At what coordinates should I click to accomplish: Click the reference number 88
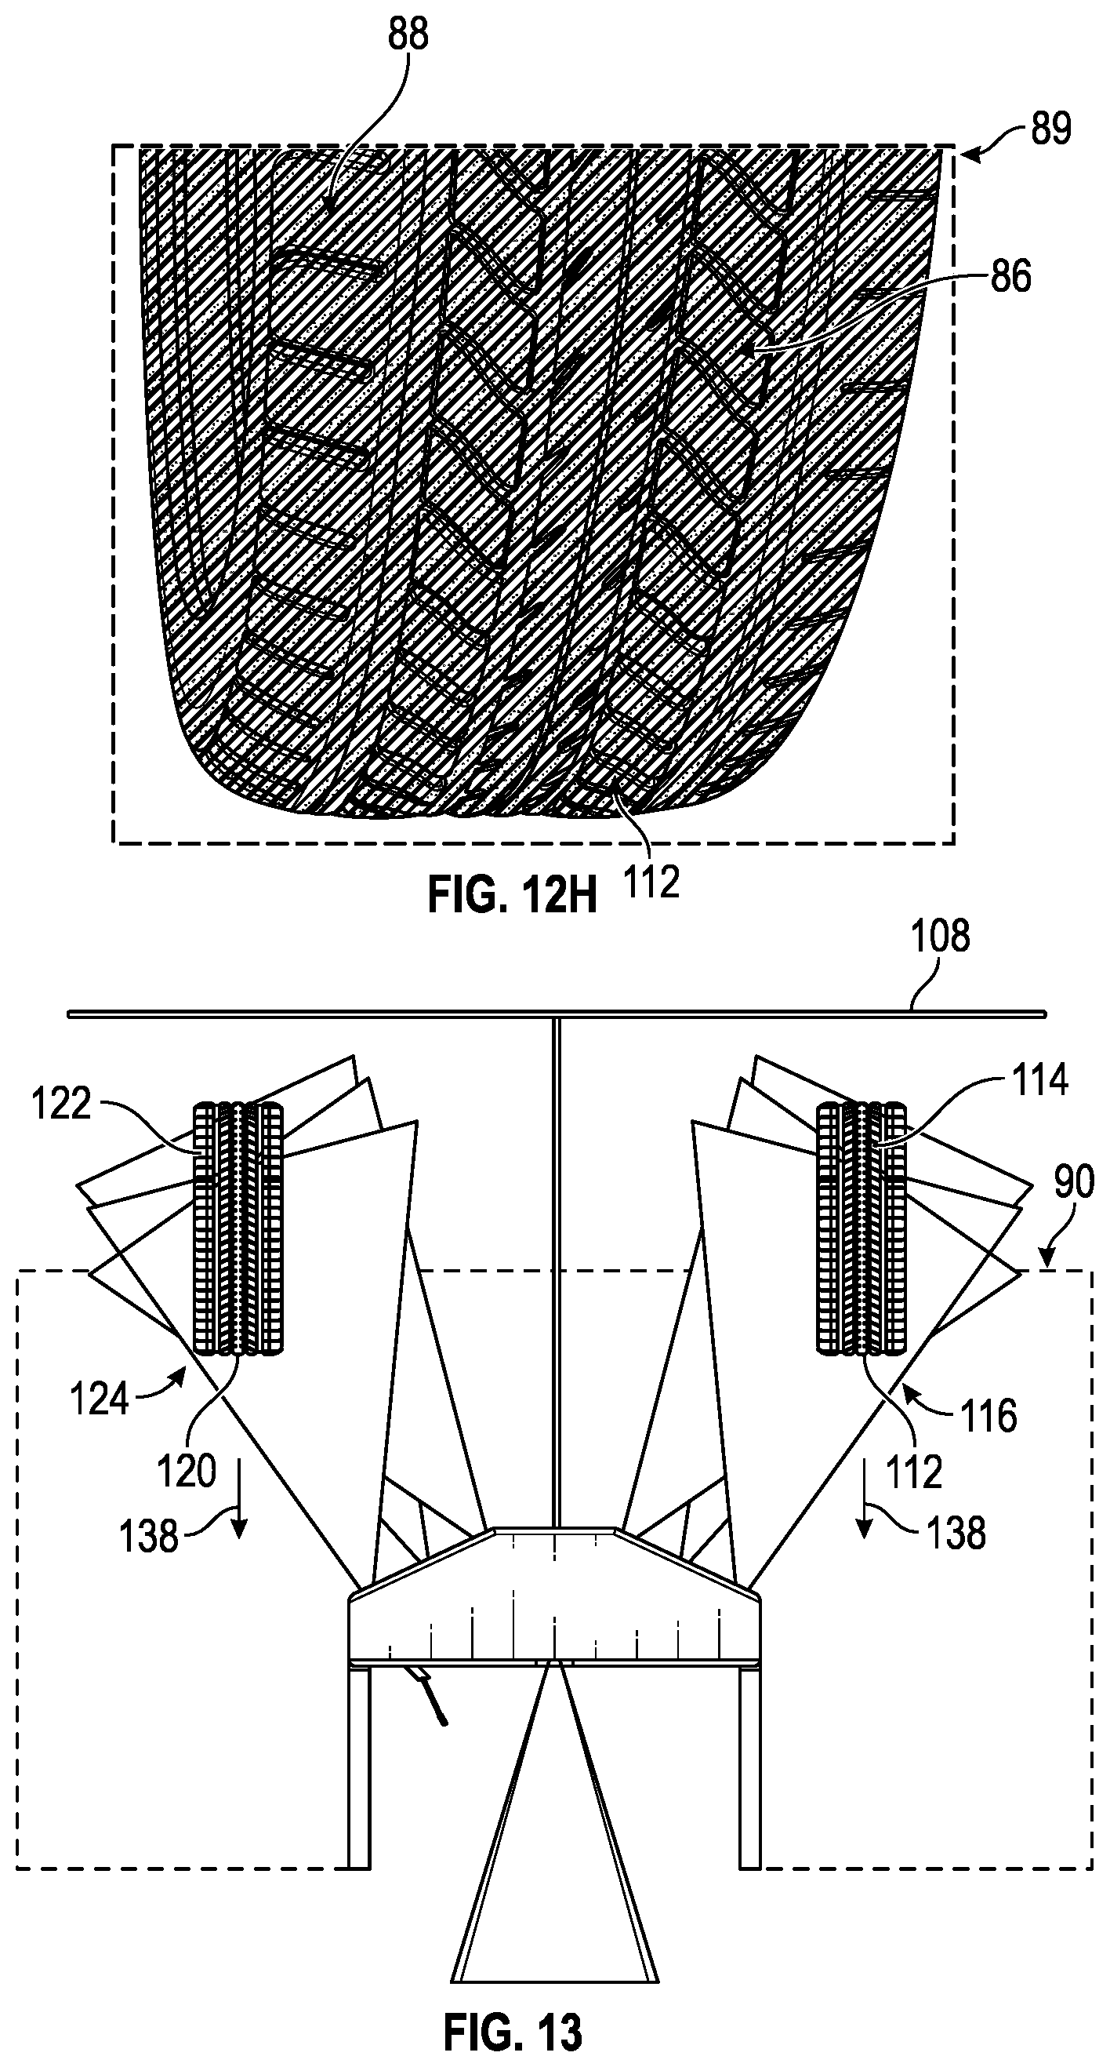point(409,35)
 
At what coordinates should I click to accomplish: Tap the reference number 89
point(1051,129)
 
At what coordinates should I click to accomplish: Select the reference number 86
point(1009,277)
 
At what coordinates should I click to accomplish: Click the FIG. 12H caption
point(512,897)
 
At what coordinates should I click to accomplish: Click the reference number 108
point(940,937)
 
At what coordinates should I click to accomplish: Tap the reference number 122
point(62,1104)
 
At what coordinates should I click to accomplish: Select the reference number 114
point(1039,1081)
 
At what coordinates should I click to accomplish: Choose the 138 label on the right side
point(956,1534)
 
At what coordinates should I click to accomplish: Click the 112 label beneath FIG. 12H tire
point(650,882)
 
